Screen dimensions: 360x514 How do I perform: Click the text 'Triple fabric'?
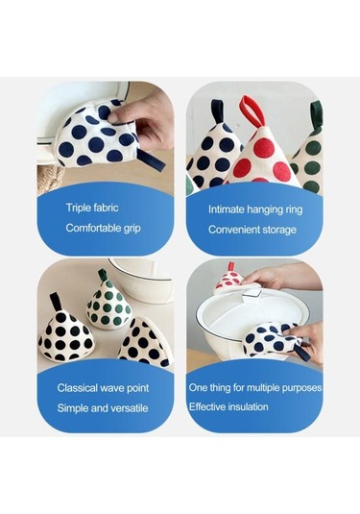click(92, 208)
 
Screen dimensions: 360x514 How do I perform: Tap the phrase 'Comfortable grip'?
click(103, 228)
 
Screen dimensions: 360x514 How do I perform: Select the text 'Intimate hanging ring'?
click(255, 209)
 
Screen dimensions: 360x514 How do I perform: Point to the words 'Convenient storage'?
click(252, 230)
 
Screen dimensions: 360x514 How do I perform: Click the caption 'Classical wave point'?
click(103, 388)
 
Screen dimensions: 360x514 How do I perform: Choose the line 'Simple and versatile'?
click(103, 408)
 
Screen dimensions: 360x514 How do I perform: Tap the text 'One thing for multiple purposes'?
click(255, 388)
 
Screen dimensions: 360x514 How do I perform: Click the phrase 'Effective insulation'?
click(228, 407)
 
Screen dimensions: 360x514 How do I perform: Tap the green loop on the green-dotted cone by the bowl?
click(103, 275)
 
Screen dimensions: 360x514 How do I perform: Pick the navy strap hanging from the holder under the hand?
click(151, 159)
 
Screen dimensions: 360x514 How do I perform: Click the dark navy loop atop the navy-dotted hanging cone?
click(218, 111)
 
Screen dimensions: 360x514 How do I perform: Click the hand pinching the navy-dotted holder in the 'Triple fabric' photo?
click(142, 119)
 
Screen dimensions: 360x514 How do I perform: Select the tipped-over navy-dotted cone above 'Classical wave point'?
click(145, 342)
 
